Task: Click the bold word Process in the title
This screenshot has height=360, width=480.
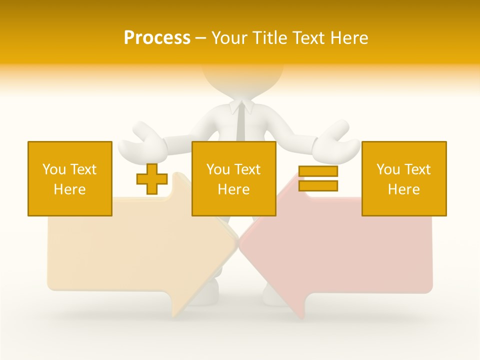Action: click(x=157, y=38)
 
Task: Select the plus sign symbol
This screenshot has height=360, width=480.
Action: click(x=152, y=179)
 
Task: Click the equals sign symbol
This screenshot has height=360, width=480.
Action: click(x=318, y=178)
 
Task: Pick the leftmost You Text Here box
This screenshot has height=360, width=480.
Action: click(x=70, y=178)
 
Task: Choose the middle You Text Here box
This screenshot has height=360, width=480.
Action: click(x=233, y=178)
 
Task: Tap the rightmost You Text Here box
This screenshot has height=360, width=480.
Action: click(x=404, y=178)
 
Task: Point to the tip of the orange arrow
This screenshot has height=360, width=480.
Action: click(x=236, y=243)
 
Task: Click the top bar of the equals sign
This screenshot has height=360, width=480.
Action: click(x=318, y=171)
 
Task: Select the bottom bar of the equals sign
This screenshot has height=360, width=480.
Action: click(x=318, y=185)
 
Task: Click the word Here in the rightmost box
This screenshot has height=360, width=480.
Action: click(x=404, y=189)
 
